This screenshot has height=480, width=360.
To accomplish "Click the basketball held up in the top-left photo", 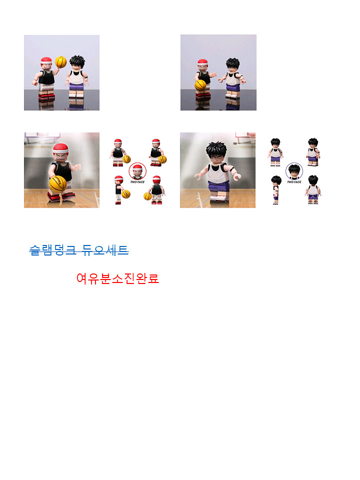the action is (x=61, y=62).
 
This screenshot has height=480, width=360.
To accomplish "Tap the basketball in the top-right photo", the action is (x=200, y=85).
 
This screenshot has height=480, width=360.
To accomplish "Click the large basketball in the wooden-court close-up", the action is (x=58, y=184).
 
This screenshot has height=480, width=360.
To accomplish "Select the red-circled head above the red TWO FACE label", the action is (x=137, y=171).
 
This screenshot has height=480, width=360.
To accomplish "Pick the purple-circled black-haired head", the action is (x=294, y=171).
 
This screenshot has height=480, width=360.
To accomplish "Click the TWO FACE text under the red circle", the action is (x=137, y=182).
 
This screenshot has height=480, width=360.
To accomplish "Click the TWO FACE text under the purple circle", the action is (x=294, y=182).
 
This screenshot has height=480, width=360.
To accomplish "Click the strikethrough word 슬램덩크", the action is (x=52, y=250).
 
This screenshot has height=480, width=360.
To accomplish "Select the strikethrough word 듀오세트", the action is (x=105, y=250).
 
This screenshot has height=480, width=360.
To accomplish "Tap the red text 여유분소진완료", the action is (x=118, y=278).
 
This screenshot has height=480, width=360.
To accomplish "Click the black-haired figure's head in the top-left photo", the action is (x=77, y=63).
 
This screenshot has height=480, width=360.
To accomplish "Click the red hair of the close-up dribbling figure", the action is (x=60, y=149).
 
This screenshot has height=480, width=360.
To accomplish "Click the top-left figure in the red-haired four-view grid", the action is (x=118, y=152).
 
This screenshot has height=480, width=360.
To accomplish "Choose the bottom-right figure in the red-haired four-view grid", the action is (x=156, y=190).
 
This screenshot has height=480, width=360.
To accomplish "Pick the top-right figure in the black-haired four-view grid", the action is (x=313, y=152).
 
